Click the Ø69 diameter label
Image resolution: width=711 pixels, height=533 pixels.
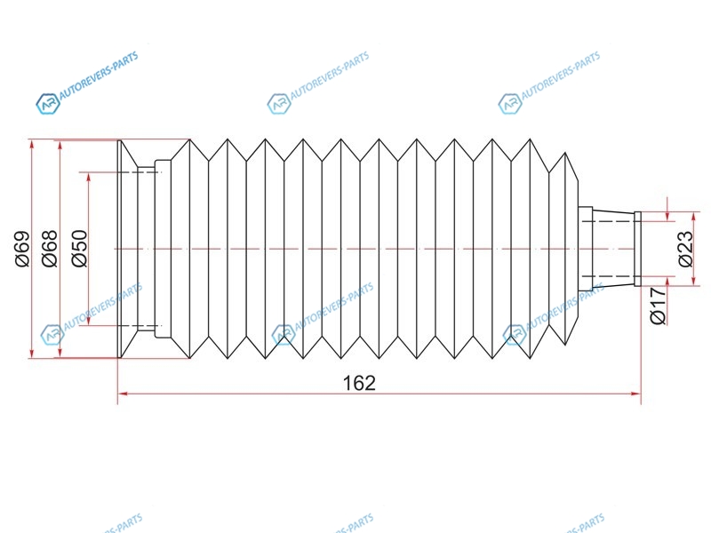[23, 249]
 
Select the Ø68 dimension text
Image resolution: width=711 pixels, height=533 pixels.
[50, 249]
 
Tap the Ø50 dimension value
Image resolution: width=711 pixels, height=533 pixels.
[79, 249]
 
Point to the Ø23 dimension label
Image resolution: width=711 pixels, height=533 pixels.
[685, 249]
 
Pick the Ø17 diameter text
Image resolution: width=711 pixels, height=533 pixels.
[659, 306]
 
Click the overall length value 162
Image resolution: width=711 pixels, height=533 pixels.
[359, 383]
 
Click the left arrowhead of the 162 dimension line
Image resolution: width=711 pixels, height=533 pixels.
[124, 394]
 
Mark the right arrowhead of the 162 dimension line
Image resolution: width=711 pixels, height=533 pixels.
[635, 394]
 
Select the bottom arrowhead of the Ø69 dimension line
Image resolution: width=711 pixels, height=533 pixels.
[32, 352]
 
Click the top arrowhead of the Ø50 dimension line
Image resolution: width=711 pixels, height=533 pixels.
[88, 179]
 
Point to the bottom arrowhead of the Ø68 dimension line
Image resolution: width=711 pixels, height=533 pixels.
[60, 352]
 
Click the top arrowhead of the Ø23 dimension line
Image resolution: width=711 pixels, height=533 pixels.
[693, 218]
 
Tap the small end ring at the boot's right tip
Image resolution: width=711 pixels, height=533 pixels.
[637, 249]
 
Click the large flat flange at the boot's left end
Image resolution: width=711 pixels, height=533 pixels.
[120, 249]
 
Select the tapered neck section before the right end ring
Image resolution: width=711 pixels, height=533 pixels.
[613, 249]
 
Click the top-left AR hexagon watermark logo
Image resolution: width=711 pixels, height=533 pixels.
[48, 104]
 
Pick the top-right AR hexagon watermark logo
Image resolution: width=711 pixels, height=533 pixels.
[509, 104]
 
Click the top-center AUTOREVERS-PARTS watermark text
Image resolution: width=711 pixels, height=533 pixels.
[330, 76]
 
